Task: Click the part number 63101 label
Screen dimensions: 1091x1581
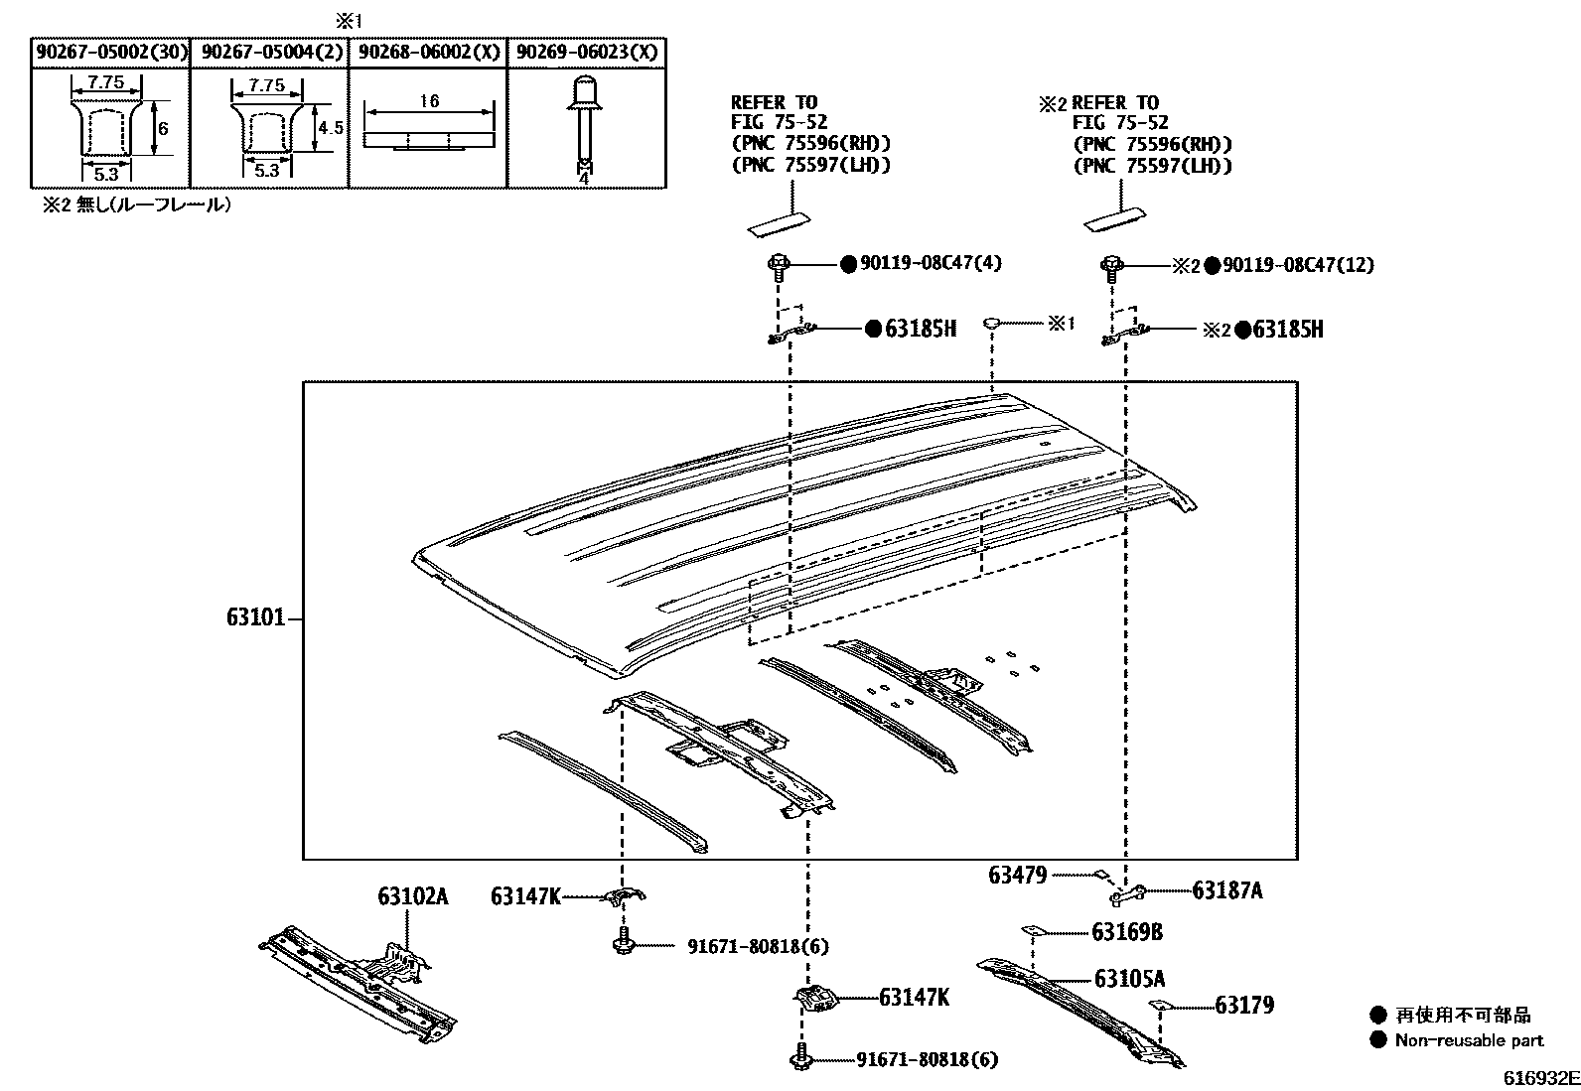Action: click(255, 617)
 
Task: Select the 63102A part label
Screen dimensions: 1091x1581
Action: click(412, 897)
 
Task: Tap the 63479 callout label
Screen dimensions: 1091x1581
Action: click(1017, 875)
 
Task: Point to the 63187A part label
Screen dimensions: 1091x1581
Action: click(1226, 890)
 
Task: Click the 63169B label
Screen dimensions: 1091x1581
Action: click(1127, 932)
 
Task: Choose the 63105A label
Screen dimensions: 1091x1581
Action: click(1129, 979)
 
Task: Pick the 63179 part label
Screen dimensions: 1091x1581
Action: click(1244, 1006)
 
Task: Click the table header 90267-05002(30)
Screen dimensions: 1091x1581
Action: click(110, 53)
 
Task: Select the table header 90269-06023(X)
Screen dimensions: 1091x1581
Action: click(586, 53)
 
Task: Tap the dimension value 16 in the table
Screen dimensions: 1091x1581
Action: click(429, 101)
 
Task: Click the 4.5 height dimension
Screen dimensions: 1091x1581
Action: click(330, 128)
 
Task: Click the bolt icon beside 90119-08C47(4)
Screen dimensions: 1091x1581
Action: click(778, 265)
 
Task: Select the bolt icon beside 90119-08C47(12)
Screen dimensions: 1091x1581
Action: click(1111, 265)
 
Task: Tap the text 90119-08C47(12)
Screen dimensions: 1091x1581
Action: click(1298, 265)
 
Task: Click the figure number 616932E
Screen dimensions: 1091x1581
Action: click(1539, 1078)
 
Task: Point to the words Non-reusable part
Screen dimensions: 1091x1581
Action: click(1469, 1040)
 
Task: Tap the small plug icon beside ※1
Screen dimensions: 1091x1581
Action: click(992, 323)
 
